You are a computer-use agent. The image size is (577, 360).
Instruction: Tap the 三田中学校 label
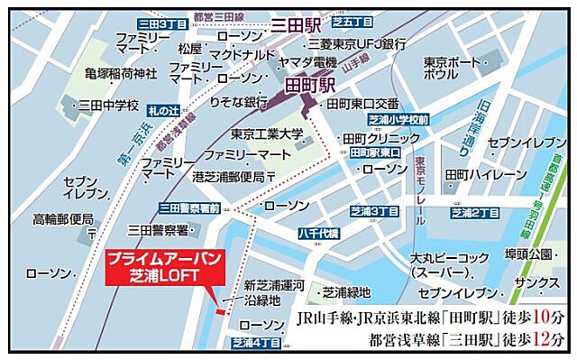pos(107,106)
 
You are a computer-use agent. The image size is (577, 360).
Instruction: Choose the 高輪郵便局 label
pos(63,218)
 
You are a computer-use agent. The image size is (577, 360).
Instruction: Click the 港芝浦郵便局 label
pos(229,177)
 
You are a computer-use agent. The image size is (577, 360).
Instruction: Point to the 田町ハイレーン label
pos(484,172)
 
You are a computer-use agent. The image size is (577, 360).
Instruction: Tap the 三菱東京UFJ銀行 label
pos(357,42)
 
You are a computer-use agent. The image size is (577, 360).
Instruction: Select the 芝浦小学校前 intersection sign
pos(399,119)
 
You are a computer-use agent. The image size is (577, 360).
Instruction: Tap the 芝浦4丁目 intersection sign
pos(256,343)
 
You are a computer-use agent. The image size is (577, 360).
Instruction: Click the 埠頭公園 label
pos(527,254)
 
